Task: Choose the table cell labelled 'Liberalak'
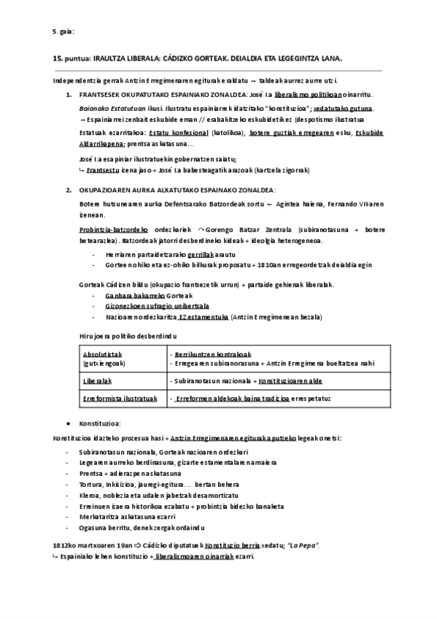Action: pos(96,381)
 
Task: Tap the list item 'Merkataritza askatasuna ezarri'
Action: pos(138,516)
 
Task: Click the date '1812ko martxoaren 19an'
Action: pos(90,545)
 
